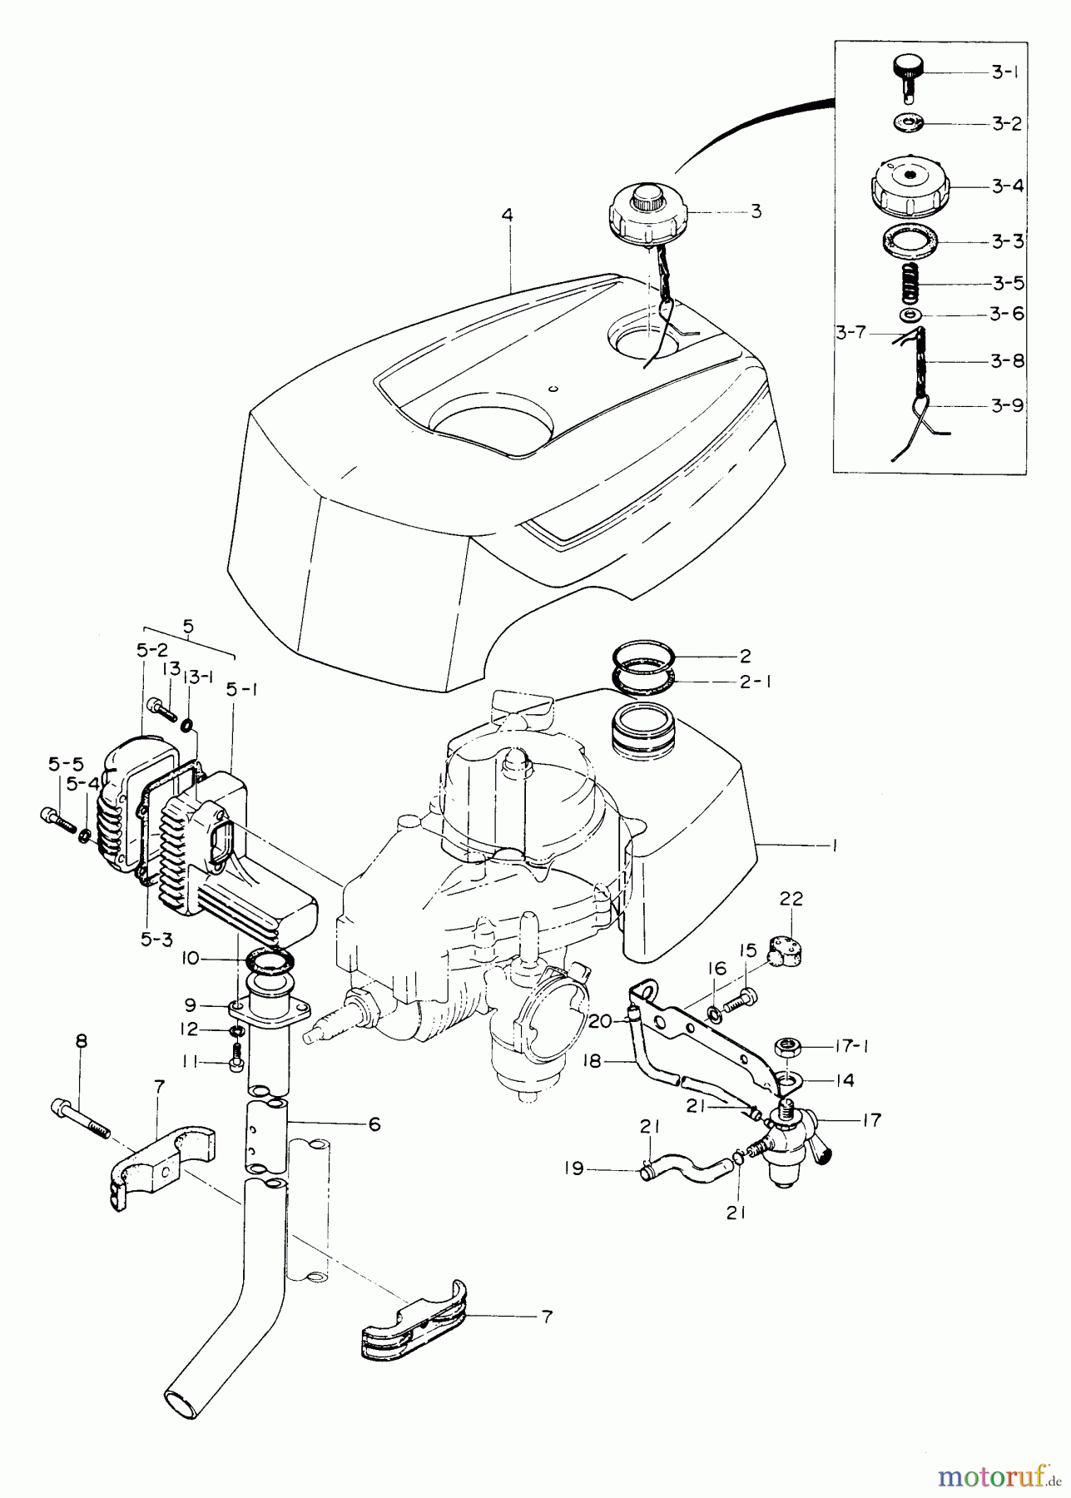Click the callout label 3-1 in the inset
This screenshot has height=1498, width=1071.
click(x=1005, y=73)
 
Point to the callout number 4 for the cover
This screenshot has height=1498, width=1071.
click(x=508, y=216)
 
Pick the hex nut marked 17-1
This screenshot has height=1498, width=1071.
click(x=788, y=1045)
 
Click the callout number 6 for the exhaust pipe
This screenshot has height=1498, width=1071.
click(x=374, y=1124)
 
